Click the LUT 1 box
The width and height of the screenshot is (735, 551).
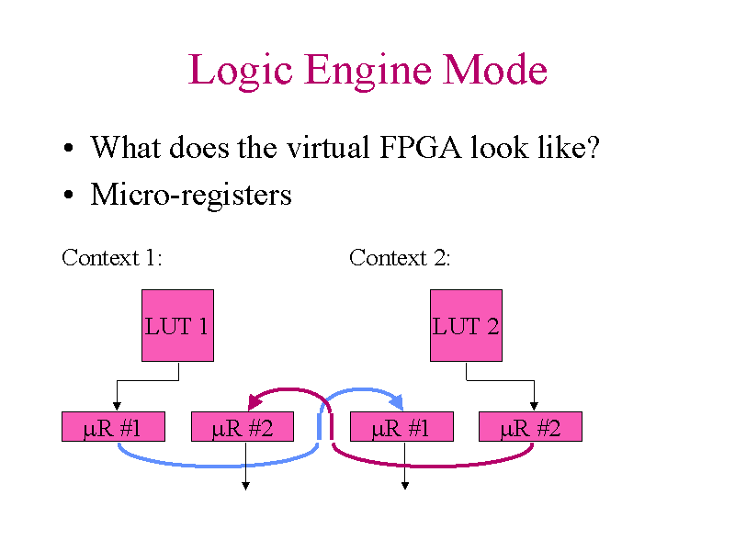(177, 325)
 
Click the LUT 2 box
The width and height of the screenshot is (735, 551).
(466, 325)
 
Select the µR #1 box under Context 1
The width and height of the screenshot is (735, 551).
(113, 427)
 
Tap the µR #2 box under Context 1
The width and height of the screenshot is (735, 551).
(242, 427)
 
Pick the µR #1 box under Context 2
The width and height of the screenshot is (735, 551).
(401, 427)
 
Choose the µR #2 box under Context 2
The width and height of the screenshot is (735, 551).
(530, 427)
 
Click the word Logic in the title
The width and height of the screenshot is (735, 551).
(241, 71)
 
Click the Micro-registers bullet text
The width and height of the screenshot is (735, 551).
(191, 195)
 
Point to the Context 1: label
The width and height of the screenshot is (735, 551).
(112, 257)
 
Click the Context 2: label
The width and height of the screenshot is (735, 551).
(400, 257)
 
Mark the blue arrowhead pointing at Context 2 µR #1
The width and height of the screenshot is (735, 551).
(396, 401)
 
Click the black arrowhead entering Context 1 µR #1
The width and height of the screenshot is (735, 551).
(116, 407)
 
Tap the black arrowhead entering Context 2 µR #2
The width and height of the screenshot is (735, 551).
(534, 407)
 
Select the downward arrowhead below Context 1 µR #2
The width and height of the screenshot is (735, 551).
(245, 486)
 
